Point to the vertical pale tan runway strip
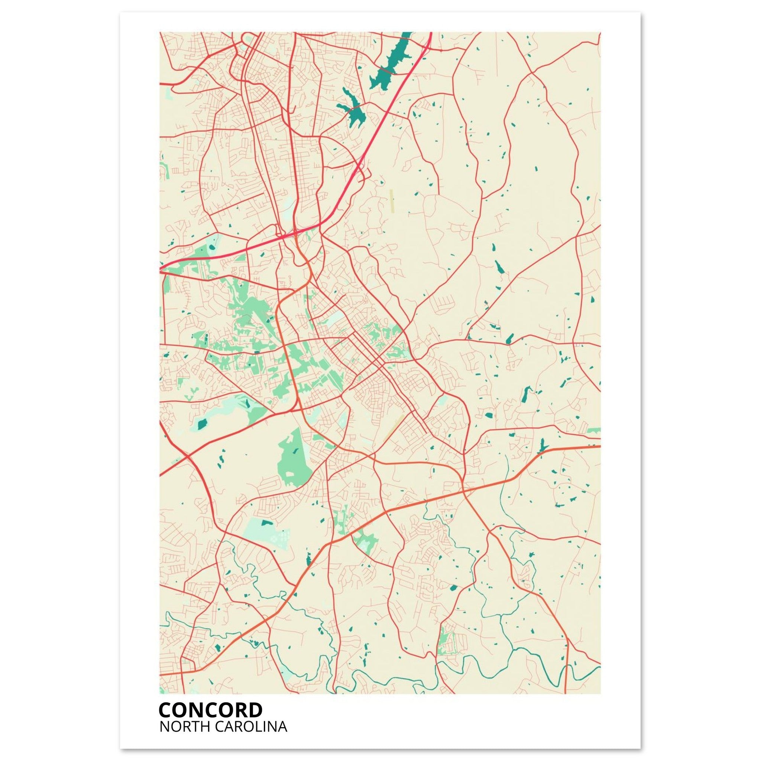(x=392, y=202)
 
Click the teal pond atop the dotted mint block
(x=267, y=523)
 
